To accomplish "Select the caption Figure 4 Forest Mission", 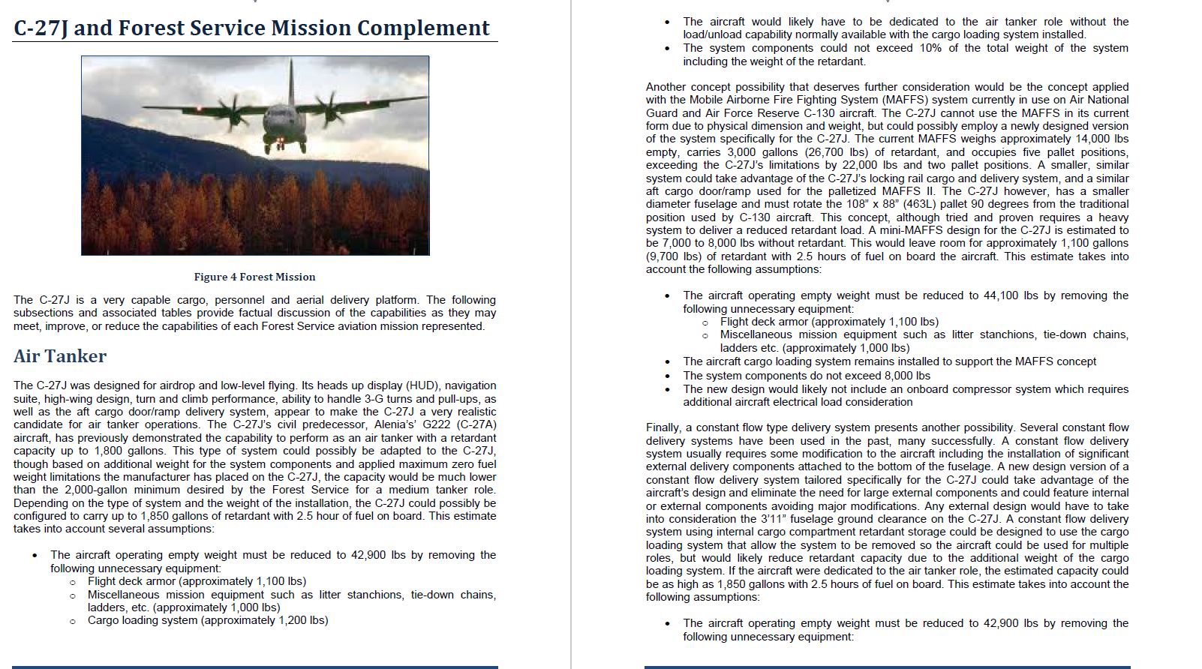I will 254,277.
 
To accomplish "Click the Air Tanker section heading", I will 60,356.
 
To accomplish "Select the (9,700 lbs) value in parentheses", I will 675,256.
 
